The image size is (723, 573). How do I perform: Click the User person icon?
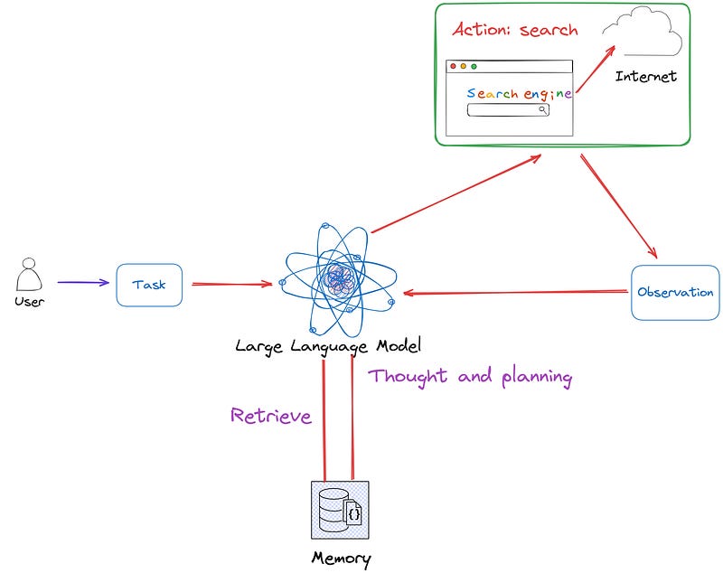point(29,275)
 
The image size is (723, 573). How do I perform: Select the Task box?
point(149,284)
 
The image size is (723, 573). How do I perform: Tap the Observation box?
point(675,292)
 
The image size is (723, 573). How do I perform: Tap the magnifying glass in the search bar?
point(542,110)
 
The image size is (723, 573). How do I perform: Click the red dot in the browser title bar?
point(454,66)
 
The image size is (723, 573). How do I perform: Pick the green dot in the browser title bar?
point(474,66)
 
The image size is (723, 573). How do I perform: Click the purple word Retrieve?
point(271,416)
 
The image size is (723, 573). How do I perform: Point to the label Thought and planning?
point(470,376)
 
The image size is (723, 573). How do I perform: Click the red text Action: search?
point(514,29)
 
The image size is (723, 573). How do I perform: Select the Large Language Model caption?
point(328,345)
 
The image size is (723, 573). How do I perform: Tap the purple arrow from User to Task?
point(82,283)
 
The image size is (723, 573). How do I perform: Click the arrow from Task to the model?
point(231,284)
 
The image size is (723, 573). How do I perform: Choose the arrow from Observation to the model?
point(515,292)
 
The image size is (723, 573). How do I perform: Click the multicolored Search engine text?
point(519,93)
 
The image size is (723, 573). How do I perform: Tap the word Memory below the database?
point(341,557)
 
